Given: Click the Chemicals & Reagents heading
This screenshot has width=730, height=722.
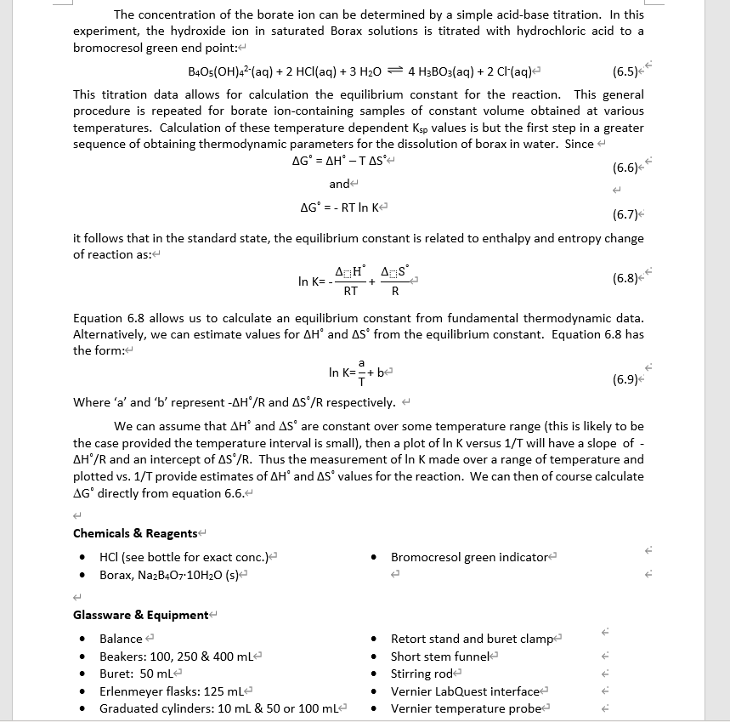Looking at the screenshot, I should (x=135, y=533).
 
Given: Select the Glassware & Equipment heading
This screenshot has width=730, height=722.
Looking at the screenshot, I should (x=140, y=615).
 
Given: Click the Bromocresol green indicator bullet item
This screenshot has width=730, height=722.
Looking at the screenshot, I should (x=469, y=557).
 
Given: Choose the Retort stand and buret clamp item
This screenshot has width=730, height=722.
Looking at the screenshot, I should (x=471, y=639).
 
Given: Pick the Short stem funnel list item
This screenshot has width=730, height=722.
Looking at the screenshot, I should (x=439, y=656).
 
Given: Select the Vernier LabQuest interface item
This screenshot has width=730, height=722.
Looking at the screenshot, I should (x=465, y=691).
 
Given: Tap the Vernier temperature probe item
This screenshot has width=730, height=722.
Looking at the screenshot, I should (x=466, y=708).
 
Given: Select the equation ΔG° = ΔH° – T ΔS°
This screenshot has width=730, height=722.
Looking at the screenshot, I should (x=338, y=160).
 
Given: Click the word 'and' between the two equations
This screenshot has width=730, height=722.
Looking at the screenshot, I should (x=339, y=184).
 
